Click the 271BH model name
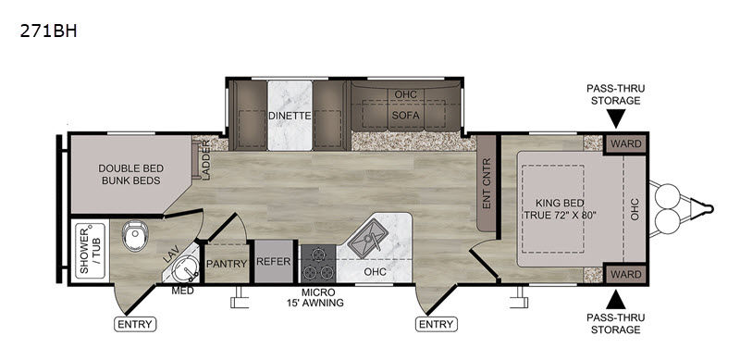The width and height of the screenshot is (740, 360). (48, 31)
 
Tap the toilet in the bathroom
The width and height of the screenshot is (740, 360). (135, 236)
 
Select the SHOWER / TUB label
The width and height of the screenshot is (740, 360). (90, 251)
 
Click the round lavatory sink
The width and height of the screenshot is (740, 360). (186, 268)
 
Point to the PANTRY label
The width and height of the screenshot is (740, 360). (227, 264)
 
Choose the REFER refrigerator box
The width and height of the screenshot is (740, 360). (273, 261)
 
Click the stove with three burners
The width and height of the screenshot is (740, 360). (317, 264)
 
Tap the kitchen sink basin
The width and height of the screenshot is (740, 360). (367, 238)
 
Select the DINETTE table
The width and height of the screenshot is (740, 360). (290, 116)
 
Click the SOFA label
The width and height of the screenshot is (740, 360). (406, 115)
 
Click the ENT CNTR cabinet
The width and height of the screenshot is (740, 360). (487, 183)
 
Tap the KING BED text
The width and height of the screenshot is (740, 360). (560, 204)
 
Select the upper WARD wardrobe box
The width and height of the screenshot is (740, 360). (626, 143)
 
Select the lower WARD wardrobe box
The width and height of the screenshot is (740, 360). (626, 274)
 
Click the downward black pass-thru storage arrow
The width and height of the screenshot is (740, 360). (616, 118)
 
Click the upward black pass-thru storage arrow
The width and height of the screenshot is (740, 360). (616, 300)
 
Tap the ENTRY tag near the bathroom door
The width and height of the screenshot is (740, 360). (135, 324)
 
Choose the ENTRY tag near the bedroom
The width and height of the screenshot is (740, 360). (437, 324)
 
